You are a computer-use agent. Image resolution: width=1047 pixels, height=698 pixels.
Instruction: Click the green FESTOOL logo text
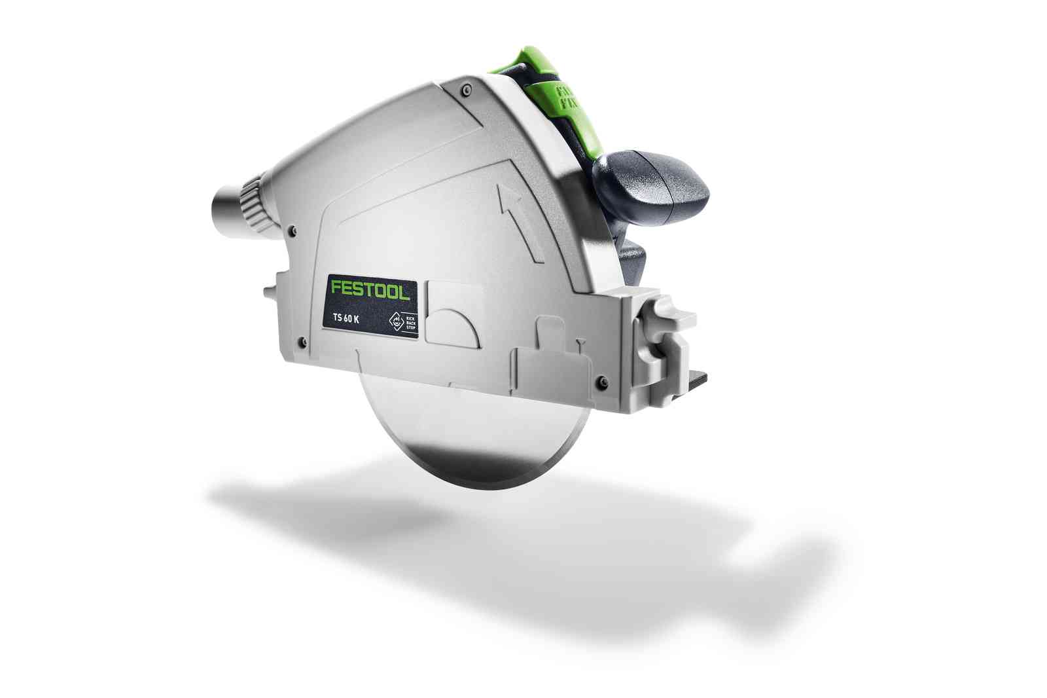[370, 289]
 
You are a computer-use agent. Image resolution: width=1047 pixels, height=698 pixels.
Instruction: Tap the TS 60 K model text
[346, 318]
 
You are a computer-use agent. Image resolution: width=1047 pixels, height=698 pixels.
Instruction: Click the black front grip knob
[651, 179]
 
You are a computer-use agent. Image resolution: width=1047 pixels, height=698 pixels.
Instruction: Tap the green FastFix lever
[559, 98]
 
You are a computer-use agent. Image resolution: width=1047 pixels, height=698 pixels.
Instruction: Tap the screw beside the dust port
[293, 229]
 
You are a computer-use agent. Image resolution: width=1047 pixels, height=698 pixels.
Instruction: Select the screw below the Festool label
[302, 341]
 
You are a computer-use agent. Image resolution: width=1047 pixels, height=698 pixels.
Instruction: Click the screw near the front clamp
[603, 382]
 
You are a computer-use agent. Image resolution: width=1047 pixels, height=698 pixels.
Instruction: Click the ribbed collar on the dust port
[253, 202]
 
